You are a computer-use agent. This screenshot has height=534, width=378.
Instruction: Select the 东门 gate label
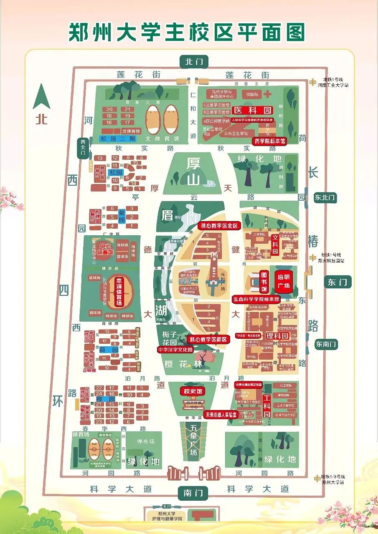(x=337, y=282)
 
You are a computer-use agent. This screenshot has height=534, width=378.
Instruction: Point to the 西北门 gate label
(x=82, y=147)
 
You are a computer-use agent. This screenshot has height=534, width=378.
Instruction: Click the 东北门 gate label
(x=325, y=197)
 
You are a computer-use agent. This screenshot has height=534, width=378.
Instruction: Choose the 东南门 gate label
(x=326, y=345)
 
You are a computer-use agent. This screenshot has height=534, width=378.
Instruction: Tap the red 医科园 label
(x=252, y=111)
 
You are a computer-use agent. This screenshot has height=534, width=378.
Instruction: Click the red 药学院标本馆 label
(x=270, y=141)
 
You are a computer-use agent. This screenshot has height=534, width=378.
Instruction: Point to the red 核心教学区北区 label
(x=219, y=226)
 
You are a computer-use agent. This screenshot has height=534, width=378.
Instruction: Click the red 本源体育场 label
(x=119, y=292)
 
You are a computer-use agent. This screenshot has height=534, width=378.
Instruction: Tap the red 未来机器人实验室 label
(x=221, y=415)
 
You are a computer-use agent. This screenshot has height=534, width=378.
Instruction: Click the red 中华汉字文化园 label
(x=175, y=350)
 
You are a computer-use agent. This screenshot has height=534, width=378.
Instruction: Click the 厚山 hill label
(x=193, y=171)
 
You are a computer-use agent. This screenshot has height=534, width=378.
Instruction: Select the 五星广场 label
(x=193, y=440)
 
